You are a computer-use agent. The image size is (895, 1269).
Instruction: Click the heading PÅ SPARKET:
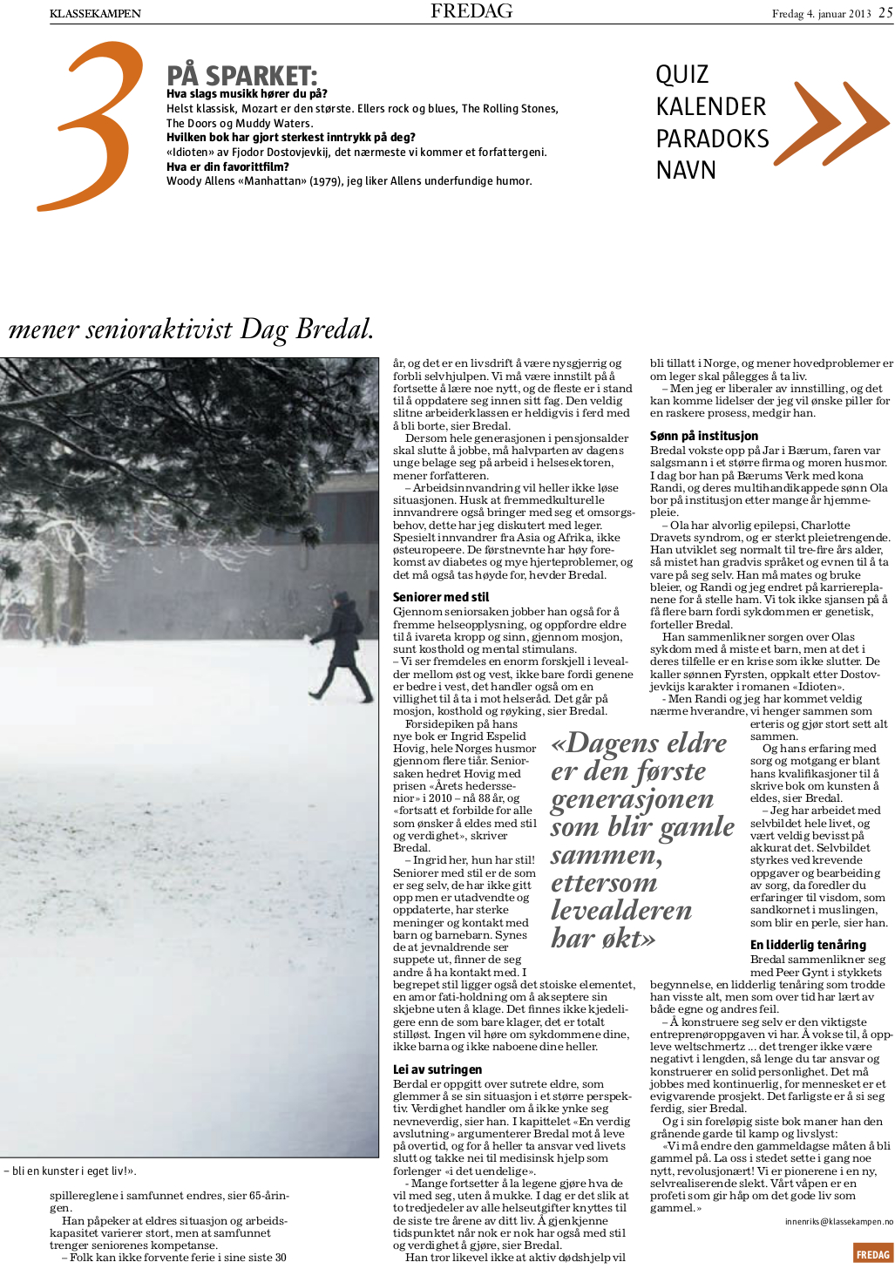[241, 76]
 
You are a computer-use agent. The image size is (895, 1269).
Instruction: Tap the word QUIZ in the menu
[681, 75]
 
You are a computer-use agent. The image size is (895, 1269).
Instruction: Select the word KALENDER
[710, 107]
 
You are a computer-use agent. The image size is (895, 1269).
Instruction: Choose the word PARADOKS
[712, 139]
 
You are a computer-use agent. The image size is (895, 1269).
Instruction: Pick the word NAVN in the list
[686, 170]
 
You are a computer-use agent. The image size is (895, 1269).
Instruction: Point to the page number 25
[885, 13]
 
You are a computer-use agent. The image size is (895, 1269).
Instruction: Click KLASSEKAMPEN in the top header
[95, 13]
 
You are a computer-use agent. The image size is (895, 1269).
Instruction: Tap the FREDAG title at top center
[471, 11]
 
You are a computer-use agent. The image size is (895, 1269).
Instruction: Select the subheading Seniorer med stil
[440, 597]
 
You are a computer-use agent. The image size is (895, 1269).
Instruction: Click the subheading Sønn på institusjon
[703, 436]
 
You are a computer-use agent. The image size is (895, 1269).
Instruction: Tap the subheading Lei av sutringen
[437, 1069]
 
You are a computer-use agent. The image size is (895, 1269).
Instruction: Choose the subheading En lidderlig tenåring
[808, 945]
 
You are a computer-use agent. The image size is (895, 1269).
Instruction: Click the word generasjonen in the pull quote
[632, 799]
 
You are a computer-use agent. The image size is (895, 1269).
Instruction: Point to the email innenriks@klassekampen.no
[838, 1222]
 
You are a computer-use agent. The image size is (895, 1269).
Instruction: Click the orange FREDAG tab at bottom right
[872, 1254]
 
